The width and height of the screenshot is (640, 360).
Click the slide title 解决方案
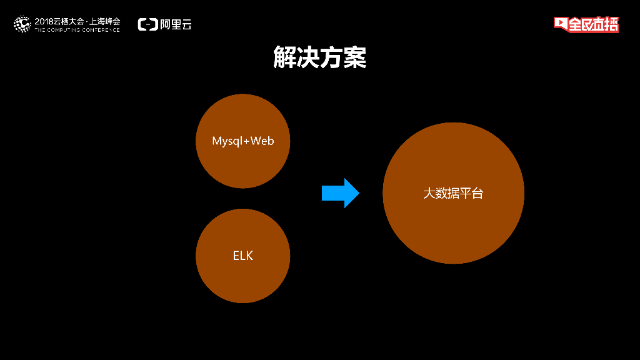319,57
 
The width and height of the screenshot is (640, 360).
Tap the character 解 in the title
284,57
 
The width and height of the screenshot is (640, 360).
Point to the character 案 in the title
355,57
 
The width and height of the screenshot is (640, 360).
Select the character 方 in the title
331,57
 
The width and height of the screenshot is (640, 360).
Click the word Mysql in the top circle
226,141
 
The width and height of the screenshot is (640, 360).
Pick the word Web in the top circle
262,141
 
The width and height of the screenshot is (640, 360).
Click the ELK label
242,256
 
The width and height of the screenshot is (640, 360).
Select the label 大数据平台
453,193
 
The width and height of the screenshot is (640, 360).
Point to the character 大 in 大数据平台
429,193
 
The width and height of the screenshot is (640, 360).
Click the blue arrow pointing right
341,193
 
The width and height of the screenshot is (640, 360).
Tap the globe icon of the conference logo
22,24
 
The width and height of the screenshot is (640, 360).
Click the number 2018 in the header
44,21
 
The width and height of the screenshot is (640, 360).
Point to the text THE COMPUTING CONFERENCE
77,29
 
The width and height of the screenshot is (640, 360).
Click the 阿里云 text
176,24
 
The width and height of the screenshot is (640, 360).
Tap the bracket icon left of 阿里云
147,24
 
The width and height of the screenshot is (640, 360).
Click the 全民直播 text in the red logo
593,24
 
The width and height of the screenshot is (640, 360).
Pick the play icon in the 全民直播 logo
560,24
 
